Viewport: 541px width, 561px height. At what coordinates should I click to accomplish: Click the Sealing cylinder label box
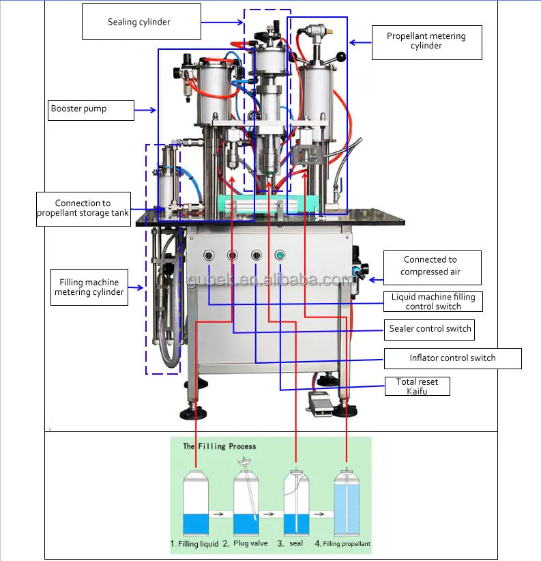(141, 21)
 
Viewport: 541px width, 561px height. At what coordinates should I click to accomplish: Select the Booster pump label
(91, 110)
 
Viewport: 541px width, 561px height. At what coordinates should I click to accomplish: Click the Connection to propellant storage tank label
(83, 209)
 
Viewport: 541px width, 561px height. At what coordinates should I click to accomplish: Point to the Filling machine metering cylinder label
(89, 287)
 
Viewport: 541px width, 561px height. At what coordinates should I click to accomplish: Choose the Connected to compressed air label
(433, 268)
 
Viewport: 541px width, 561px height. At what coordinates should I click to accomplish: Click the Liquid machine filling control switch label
(433, 301)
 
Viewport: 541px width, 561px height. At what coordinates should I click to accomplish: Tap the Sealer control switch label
(429, 330)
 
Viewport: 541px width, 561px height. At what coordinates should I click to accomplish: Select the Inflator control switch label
(453, 358)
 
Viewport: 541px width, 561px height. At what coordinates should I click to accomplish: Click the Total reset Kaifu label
(418, 386)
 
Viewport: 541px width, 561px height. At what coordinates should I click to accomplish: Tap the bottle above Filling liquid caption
(196, 502)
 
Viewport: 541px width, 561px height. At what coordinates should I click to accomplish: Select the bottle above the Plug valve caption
(246, 502)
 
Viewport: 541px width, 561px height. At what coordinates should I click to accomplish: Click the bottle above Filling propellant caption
(347, 502)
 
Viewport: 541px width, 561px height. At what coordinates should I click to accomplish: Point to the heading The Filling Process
(220, 446)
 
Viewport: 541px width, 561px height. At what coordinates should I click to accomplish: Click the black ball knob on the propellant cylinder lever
(341, 57)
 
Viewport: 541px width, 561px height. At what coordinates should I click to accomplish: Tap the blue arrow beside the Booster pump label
(145, 110)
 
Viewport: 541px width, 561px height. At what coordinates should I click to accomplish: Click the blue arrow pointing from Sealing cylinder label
(222, 23)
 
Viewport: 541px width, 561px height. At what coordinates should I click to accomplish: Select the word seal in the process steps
(296, 543)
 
